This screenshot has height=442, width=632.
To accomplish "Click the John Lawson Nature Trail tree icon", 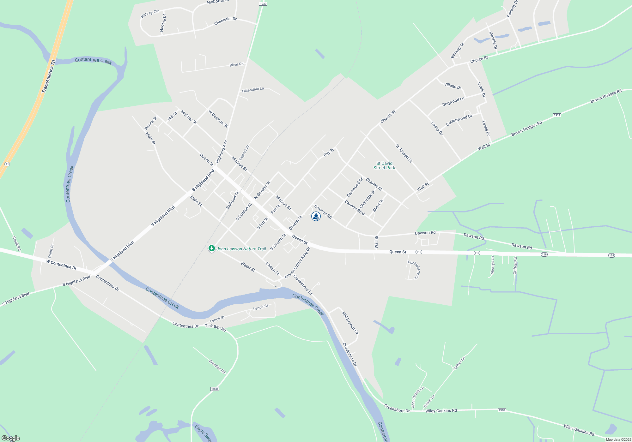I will click(211, 248).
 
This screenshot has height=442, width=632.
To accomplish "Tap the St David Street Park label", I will click(384, 166).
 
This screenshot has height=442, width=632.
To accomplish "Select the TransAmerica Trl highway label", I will click(49, 76).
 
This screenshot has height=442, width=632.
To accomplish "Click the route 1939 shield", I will click(263, 4).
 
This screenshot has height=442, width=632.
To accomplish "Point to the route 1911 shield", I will click(557, 115).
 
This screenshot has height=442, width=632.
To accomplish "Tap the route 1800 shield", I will click(215, 389).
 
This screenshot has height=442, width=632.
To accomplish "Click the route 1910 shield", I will click(502, 410).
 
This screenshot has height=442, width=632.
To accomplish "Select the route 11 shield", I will click(7, 164).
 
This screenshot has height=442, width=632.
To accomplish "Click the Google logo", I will click(11, 438).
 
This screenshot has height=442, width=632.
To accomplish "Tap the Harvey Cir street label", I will click(150, 14).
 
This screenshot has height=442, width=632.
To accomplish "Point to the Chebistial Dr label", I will click(225, 21).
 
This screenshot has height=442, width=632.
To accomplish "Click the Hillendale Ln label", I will click(253, 90).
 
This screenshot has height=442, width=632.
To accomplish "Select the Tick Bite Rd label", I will click(216, 327).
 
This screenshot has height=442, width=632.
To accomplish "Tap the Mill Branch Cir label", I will click(350, 323).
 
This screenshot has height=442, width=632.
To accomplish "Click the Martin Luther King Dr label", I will click(298, 263).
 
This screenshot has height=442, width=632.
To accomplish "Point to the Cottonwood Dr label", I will click(459, 120).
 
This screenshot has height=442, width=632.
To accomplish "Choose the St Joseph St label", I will click(404, 153).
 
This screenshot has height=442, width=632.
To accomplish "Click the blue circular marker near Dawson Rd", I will click(316, 216).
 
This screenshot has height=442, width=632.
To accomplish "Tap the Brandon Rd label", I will click(217, 367).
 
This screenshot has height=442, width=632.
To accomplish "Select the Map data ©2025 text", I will click(618, 439).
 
